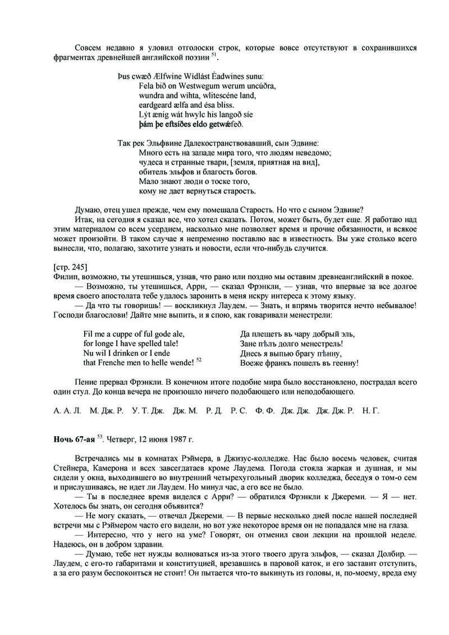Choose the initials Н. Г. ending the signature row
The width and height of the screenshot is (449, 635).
click(371, 411)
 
